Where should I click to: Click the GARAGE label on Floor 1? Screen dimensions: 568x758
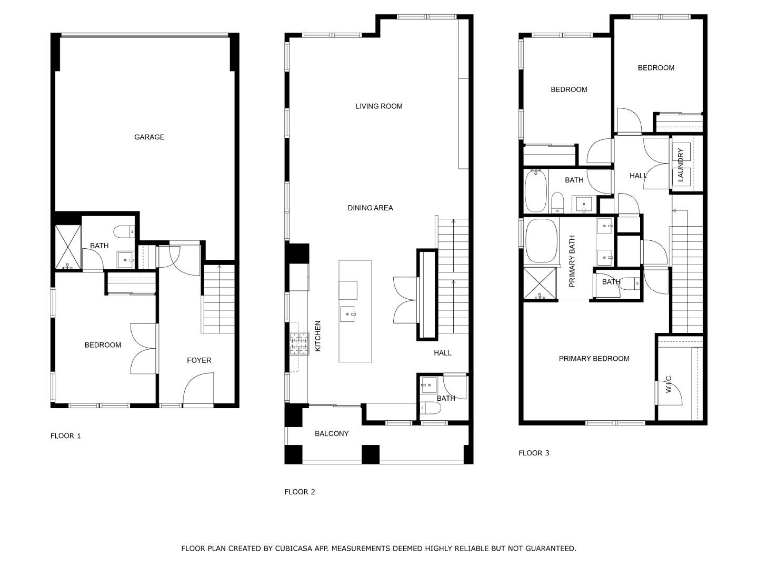point(149,137)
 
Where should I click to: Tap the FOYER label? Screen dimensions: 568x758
point(199,360)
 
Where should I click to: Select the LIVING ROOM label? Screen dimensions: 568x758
point(378,106)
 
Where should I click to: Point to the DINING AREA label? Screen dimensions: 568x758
point(370,208)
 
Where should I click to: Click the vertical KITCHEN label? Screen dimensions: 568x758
point(318,336)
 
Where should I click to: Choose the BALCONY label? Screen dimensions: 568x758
point(332,434)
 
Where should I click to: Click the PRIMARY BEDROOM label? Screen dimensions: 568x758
point(594,359)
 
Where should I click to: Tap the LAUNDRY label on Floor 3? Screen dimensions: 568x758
point(680,165)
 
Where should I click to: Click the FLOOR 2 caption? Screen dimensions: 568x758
point(300,492)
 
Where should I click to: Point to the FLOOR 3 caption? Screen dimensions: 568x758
point(534,453)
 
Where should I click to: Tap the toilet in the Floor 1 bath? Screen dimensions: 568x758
point(124,231)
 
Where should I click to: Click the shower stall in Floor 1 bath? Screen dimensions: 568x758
point(68,247)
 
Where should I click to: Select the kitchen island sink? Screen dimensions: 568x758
point(347,315)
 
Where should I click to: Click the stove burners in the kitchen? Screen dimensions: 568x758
point(298,344)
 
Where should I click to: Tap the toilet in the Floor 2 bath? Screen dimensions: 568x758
point(427,407)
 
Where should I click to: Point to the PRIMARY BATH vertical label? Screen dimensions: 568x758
point(572,261)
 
